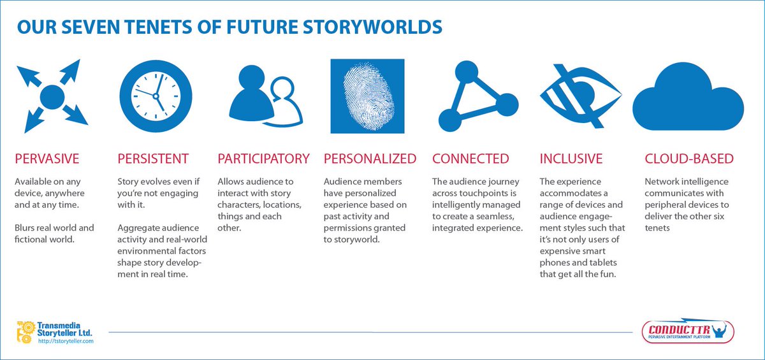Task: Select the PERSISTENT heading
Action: tap(153, 159)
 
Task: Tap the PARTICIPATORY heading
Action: tap(264, 159)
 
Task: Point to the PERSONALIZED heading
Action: tap(370, 159)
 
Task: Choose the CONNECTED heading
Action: tap(470, 159)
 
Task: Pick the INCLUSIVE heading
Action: tap(571, 159)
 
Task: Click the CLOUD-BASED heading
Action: tap(689, 159)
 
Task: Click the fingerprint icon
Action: tap(367, 96)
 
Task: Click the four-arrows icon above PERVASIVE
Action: tap(52, 96)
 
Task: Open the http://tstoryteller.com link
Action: tap(66, 342)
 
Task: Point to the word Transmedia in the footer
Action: tap(64, 324)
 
